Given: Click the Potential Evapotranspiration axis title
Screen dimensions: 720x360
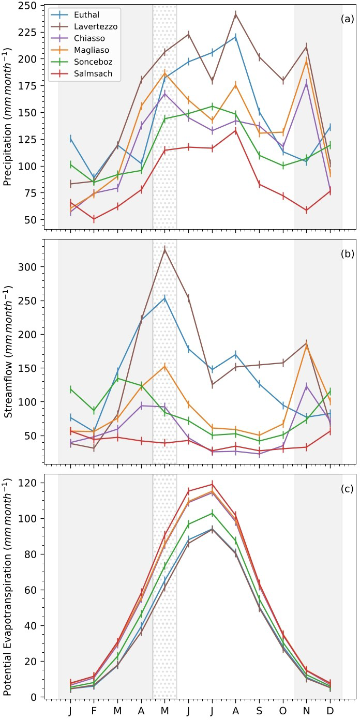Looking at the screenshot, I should [x=9, y=586].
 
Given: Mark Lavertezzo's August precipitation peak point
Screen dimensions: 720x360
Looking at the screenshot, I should [x=236, y=14].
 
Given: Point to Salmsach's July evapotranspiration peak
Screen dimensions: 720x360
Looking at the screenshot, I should [x=212, y=485].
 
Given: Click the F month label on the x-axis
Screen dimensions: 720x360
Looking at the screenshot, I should [x=94, y=711].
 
